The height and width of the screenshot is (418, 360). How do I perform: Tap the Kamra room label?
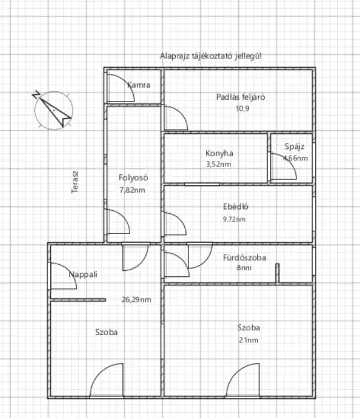[x=139, y=85]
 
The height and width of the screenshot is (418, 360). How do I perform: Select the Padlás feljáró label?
[x=241, y=97]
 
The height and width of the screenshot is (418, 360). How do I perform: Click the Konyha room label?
[x=219, y=153]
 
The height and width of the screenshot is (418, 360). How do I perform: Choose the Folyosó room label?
[x=133, y=177]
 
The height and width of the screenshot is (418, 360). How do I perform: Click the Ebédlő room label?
[x=236, y=207]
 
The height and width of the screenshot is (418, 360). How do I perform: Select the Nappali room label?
[x=83, y=274]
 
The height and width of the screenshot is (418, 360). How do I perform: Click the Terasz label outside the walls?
[x=76, y=181]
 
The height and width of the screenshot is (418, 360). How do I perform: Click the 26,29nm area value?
[x=136, y=300]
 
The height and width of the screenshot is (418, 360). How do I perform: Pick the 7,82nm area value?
[x=133, y=190]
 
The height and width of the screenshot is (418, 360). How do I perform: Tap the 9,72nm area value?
[x=234, y=219]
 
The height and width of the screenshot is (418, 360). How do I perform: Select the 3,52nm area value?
[x=219, y=164]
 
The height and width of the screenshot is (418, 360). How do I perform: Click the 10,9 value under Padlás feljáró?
[x=241, y=109]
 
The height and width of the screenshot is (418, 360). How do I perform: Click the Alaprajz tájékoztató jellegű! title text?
[x=211, y=56]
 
